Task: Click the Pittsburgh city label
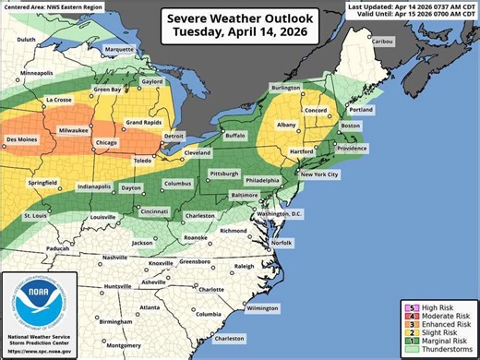[x=225, y=174]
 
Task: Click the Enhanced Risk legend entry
[x=447, y=323]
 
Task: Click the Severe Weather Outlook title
[x=239, y=18]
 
